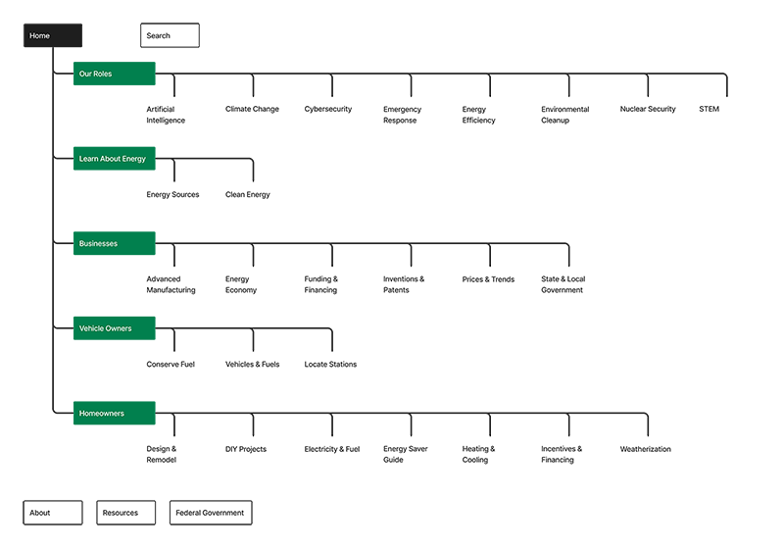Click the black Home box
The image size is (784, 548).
[x=53, y=35]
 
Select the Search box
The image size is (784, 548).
[x=170, y=35]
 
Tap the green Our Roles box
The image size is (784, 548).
[x=115, y=74]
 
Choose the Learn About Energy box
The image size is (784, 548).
[x=115, y=159]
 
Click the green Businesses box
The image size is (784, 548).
[x=115, y=243]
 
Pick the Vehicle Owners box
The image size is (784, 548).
[x=115, y=328]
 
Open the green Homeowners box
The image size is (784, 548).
[x=115, y=413]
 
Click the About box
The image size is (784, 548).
[x=53, y=513]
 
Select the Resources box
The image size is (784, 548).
[x=126, y=513]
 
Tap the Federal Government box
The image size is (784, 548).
[x=211, y=513]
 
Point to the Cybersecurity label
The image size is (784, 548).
[x=328, y=109]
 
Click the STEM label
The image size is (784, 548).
[x=709, y=109]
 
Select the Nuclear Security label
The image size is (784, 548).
[x=648, y=109]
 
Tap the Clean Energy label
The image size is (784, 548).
[x=248, y=194]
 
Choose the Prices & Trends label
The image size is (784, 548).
[x=488, y=279]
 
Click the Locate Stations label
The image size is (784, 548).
[x=330, y=365]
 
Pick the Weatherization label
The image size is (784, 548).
[x=646, y=449]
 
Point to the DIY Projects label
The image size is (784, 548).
[x=246, y=449]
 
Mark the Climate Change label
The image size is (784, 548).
[x=252, y=109]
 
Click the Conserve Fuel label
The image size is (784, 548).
[x=171, y=365]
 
